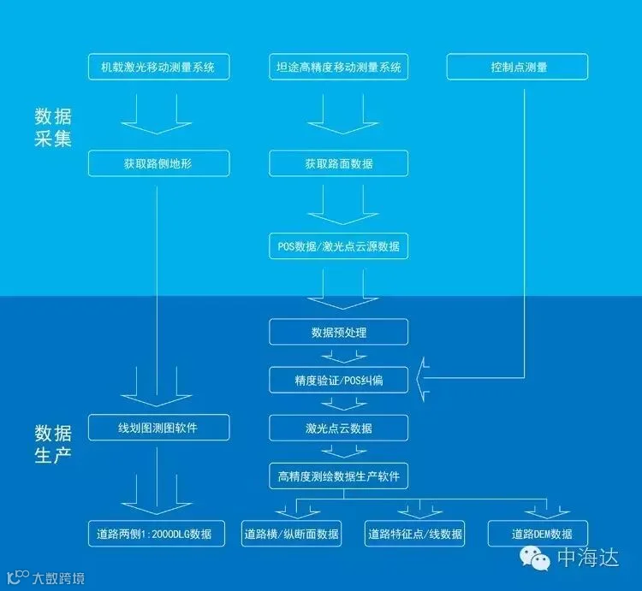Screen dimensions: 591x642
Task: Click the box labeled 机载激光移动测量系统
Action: (x=159, y=67)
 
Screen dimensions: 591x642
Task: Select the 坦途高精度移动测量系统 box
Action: (x=339, y=67)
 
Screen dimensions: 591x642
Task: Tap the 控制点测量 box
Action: (x=516, y=67)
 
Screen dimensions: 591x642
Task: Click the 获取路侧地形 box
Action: (x=159, y=163)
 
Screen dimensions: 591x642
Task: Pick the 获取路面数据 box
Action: (x=339, y=163)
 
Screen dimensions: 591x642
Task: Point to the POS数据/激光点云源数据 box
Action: (x=339, y=246)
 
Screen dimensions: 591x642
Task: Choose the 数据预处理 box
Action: (x=339, y=332)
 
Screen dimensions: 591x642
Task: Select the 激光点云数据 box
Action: (x=339, y=427)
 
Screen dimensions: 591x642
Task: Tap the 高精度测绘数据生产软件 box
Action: (x=339, y=476)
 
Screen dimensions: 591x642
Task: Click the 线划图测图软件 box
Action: (x=159, y=427)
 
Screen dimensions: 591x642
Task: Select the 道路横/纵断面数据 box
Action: (x=292, y=534)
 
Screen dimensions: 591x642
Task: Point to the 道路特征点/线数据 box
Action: (x=415, y=534)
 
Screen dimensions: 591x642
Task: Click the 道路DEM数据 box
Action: (x=538, y=534)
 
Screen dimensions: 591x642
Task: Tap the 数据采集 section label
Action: (x=52, y=126)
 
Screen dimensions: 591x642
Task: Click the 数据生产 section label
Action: (x=52, y=442)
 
